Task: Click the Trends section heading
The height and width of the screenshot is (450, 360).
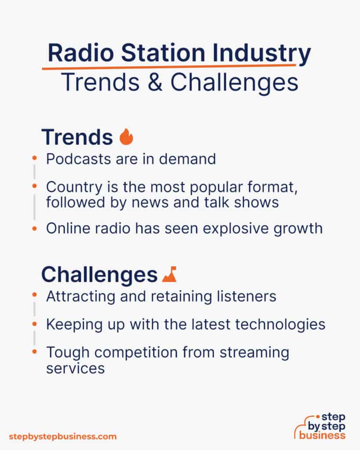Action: [77, 137]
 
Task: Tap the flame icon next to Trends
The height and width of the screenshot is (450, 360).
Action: [126, 137]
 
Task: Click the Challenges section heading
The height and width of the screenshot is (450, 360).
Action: [99, 275]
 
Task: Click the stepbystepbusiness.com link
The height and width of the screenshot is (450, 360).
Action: [63, 436]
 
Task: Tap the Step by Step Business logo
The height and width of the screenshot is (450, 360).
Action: [320, 426]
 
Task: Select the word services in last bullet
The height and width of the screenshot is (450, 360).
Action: [75, 368]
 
